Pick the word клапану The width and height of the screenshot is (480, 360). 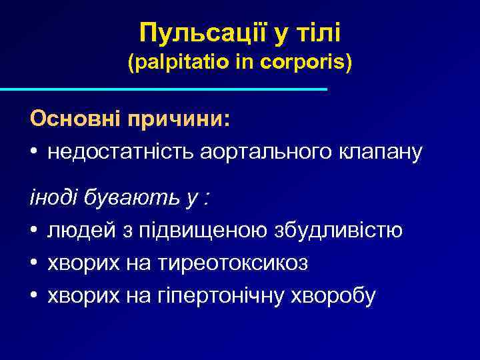pos(384,153)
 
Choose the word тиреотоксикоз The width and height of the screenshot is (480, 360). pos(233,263)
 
